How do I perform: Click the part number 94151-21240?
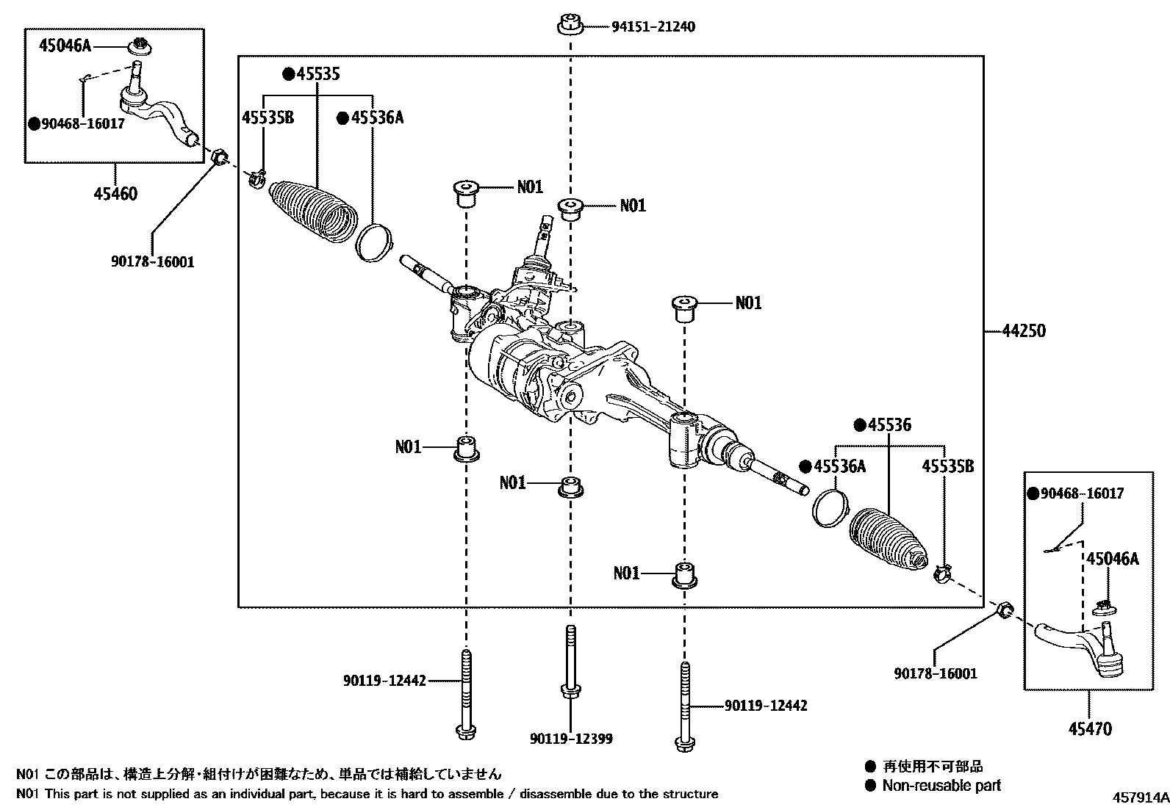pos(653,27)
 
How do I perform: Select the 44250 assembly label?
pos(1024,331)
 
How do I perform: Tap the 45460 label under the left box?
pos(115,195)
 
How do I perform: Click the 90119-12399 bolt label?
pos(570,739)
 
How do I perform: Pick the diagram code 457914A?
pos(1138,797)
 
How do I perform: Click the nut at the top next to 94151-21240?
pos(570,25)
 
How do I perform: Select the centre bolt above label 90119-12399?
pos(570,661)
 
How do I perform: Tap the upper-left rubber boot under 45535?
pos(313,210)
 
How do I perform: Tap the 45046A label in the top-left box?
pos(64,46)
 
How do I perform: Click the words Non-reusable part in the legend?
pos(941,786)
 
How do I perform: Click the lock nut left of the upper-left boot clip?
pos(219,158)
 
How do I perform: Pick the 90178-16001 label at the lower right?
pos(936,673)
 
